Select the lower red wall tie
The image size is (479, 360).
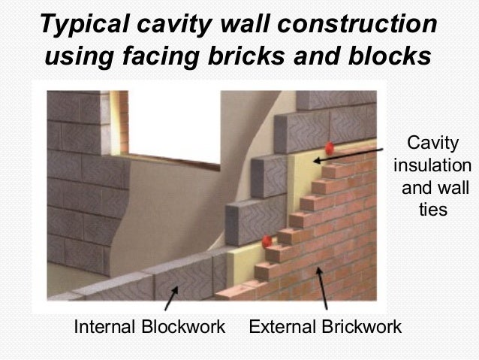[267, 242]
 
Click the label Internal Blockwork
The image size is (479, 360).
[149, 327]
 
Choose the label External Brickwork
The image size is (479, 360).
[325, 327]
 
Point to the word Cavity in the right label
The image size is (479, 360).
[430, 143]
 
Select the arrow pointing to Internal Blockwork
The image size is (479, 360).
[171, 296]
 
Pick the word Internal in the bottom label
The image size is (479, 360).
[104, 327]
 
